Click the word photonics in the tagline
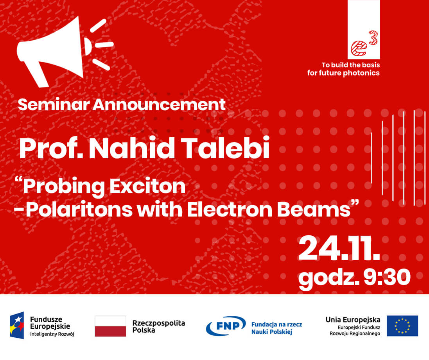point(361,73)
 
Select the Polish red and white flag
point(110,326)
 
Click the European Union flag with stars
point(402,326)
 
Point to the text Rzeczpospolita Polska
point(158,326)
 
